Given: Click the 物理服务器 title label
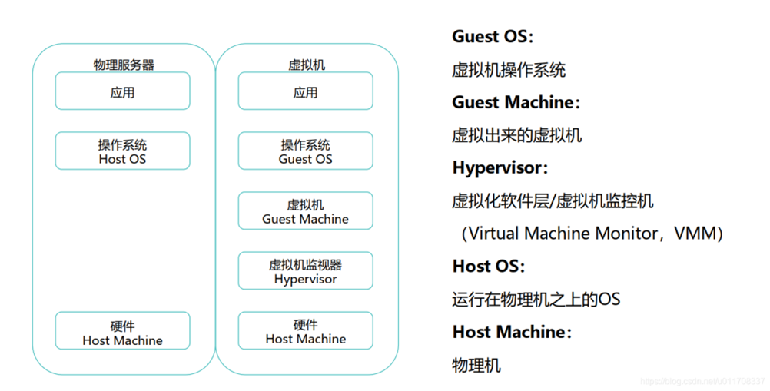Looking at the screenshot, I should coord(124,65).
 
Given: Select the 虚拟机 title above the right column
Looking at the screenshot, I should coord(306,65).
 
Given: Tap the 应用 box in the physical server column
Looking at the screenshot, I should coord(122,91).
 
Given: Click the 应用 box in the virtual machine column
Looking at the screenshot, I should coord(305,91).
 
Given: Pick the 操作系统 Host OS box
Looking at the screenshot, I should coord(122,151).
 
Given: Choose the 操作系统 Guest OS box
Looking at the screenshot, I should coord(305,151).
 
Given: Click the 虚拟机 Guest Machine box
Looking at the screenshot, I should coord(305,211).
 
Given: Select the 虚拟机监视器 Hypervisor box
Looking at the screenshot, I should coord(305,271).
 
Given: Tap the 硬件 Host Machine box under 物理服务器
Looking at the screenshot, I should coord(122,331).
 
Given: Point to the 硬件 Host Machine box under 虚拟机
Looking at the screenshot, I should coord(305,331).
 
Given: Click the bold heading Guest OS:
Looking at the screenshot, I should coord(493,36).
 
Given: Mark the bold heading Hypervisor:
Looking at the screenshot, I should coord(500,167).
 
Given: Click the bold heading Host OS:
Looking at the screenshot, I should coord(489,267).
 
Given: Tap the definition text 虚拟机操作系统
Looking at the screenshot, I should coord(509,70).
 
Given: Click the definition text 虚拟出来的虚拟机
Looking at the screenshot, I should coord(516,135).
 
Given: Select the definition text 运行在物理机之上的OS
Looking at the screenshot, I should coord(536,299).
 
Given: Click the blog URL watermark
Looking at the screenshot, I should coord(702,381).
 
